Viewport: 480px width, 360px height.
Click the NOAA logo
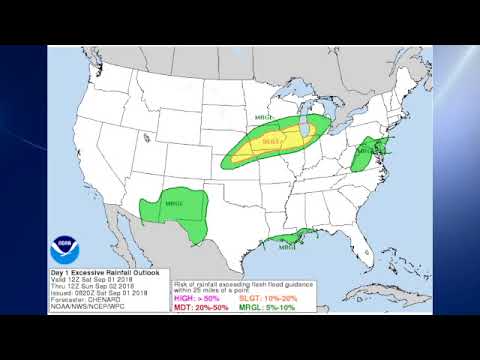coord(64,244)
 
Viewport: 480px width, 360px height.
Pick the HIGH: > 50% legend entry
coord(199,297)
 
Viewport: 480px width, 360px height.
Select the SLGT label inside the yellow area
coord(270,142)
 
